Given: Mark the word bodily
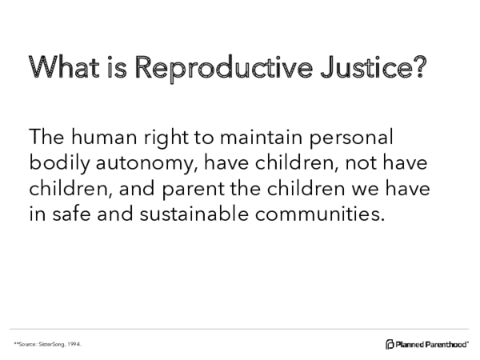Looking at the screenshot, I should pos(56,164).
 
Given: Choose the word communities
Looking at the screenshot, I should pos(317,215).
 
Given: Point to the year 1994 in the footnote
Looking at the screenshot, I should pos(74,344).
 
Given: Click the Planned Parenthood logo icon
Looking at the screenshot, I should pos(390,344).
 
